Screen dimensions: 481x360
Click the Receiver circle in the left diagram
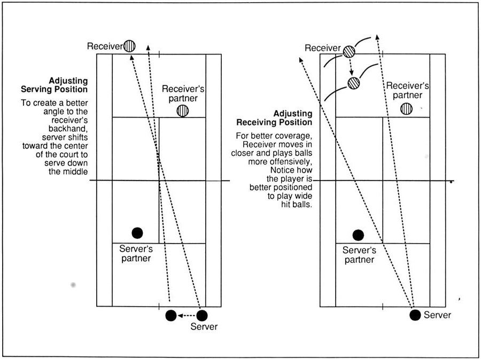[129, 46]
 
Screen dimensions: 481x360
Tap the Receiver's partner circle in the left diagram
[183, 111]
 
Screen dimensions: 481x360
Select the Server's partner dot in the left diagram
[137, 233]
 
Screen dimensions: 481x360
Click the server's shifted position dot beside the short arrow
[171, 315]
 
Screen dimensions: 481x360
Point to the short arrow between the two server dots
[187, 315]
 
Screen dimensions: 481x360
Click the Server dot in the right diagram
[415, 315]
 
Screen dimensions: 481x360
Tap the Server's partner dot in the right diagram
[358, 235]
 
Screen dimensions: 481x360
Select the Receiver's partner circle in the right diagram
[407, 109]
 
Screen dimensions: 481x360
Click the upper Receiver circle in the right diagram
[349, 51]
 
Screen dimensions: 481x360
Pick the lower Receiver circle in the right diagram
[354, 83]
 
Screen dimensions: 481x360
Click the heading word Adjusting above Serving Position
[68, 81]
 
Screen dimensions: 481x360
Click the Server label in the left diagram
[204, 326]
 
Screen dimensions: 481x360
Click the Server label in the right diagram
[437, 315]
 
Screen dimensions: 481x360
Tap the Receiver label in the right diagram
[323, 48]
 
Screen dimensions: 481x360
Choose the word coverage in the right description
[295, 136]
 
